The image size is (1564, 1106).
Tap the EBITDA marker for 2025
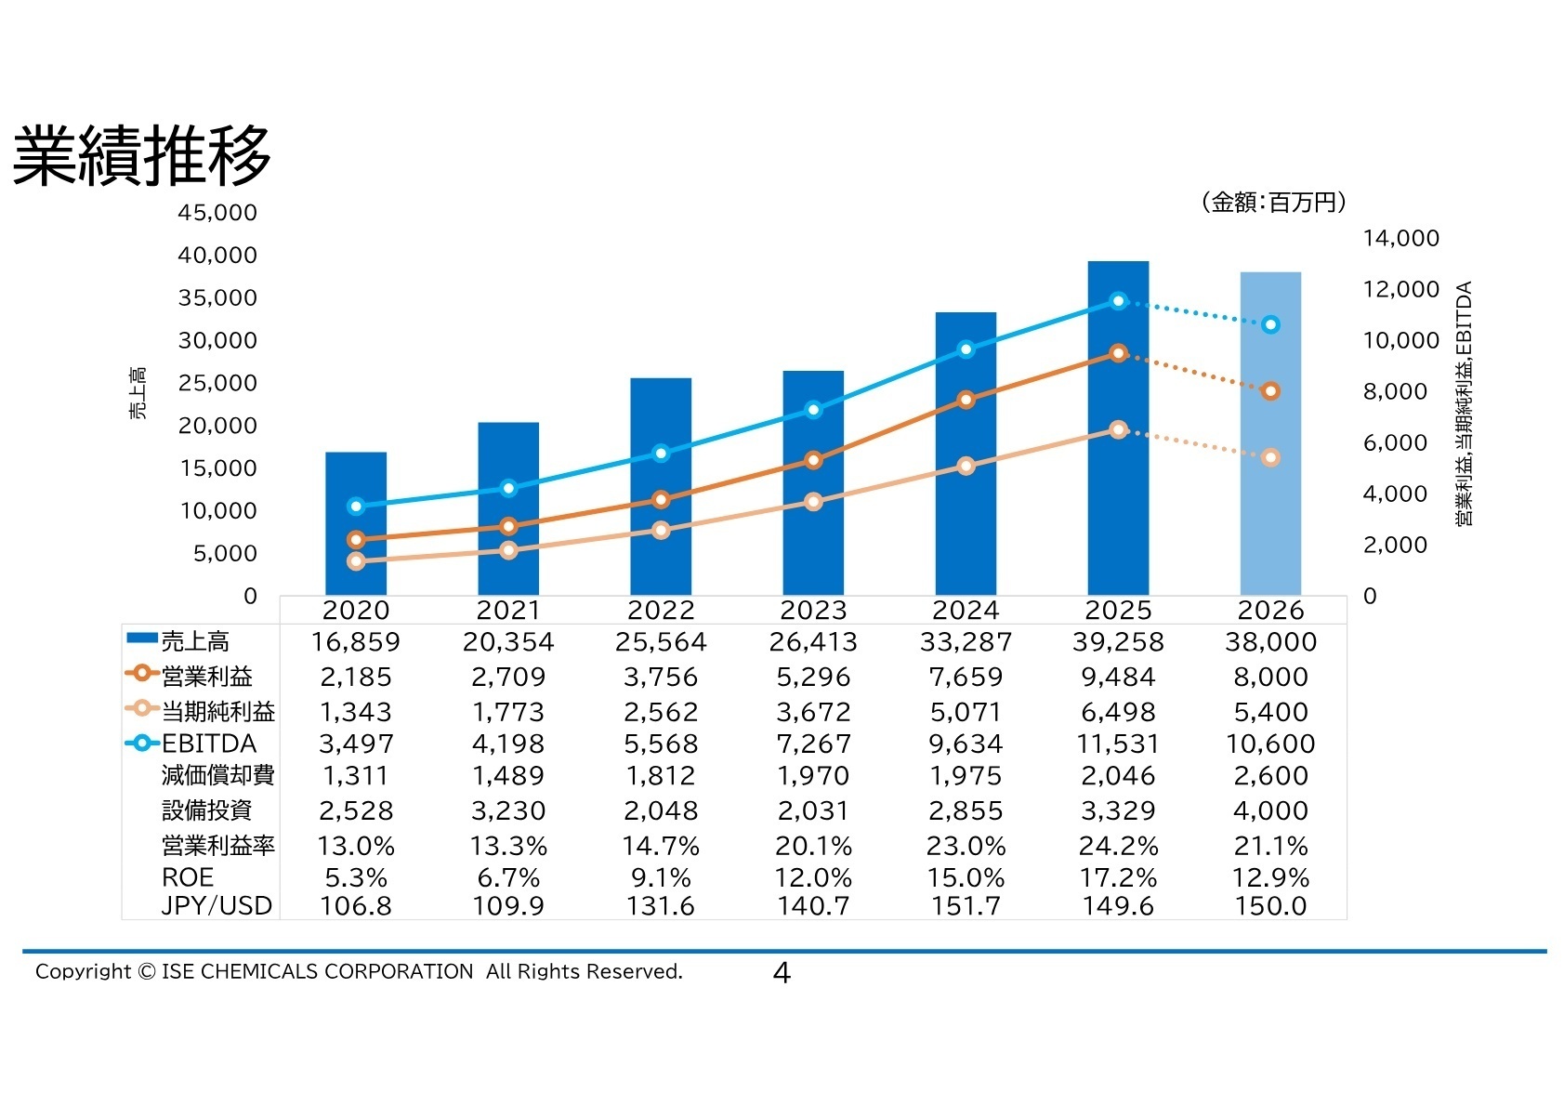tap(1119, 301)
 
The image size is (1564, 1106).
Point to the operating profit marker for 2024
tap(966, 400)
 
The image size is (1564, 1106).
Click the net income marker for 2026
tap(1271, 457)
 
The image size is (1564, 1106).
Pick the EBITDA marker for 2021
tap(508, 488)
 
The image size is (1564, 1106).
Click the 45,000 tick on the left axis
tap(217, 213)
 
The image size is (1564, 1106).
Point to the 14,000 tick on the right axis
tap(1400, 239)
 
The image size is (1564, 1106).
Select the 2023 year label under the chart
tap(813, 611)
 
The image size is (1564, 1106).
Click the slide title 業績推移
tap(141, 156)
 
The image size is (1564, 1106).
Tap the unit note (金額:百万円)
tap(1272, 202)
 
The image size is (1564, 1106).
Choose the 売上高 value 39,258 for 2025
tap(1118, 642)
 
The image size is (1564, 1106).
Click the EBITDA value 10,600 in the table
tap(1270, 744)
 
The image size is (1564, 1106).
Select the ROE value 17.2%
tap(1118, 878)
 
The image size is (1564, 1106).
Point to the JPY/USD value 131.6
tap(661, 907)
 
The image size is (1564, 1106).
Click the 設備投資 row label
tap(207, 810)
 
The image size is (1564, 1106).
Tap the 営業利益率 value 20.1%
tap(813, 847)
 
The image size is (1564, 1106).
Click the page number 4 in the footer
tap(782, 973)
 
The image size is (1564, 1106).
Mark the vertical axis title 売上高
tap(138, 394)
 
